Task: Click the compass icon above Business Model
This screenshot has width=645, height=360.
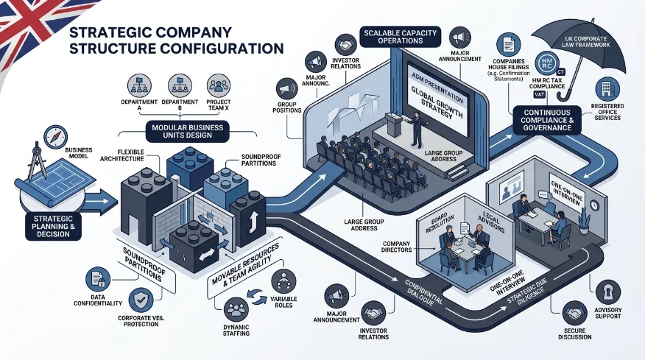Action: click(55, 137)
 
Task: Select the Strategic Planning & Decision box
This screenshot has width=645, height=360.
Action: click(53, 226)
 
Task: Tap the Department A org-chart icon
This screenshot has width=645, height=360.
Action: click(139, 85)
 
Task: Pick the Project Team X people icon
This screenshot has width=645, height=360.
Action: click(219, 85)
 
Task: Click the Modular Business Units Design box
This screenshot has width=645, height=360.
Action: click(187, 131)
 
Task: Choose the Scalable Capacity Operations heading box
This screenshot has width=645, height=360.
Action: click(401, 37)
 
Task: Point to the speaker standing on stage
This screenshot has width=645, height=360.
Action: click(417, 130)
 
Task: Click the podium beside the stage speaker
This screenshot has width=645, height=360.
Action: click(394, 124)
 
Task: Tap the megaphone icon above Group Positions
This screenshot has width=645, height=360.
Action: click(286, 89)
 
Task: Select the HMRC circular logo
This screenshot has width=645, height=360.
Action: click(547, 64)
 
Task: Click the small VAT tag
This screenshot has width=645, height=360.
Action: click(539, 95)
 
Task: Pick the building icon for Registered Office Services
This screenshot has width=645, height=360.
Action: click(607, 89)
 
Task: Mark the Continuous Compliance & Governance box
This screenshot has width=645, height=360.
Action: click(547, 120)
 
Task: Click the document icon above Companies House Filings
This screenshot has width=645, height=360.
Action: click(509, 44)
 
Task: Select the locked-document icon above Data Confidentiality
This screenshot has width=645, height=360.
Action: click(98, 279)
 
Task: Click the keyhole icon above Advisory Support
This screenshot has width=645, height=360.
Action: click(607, 292)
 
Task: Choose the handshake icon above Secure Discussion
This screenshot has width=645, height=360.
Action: click(574, 313)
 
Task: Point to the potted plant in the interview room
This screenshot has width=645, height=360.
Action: click(584, 222)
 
